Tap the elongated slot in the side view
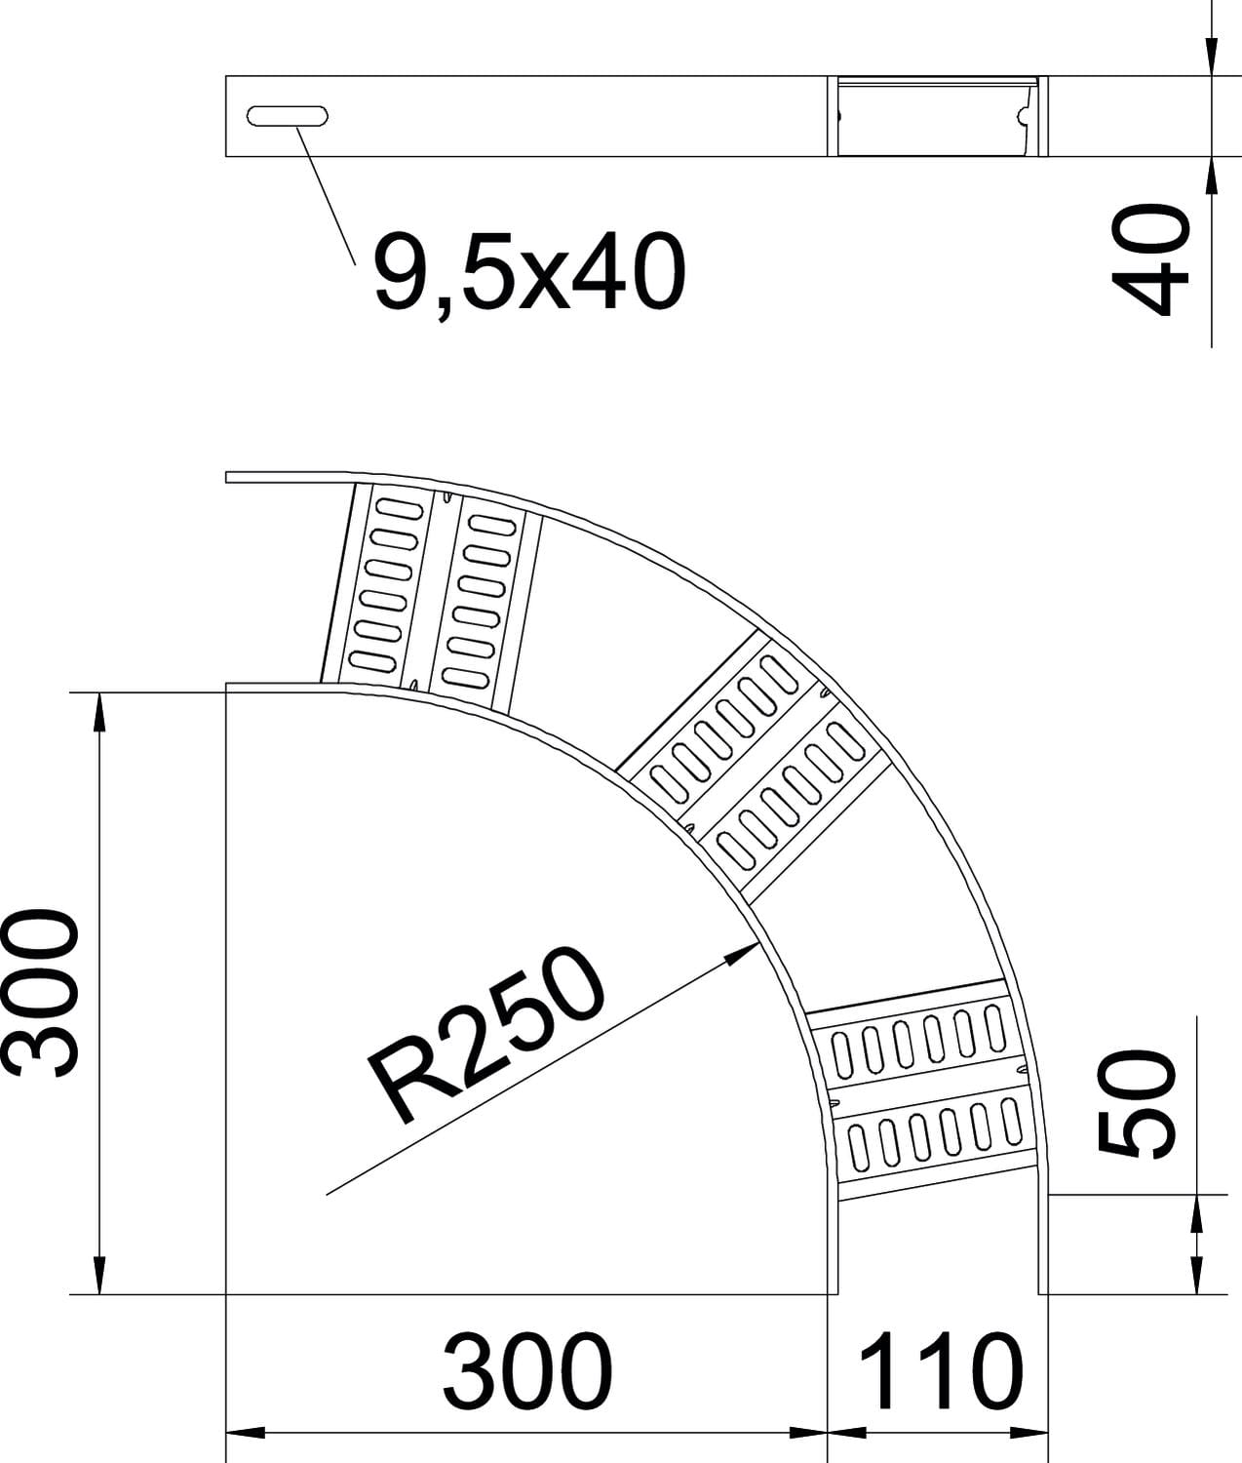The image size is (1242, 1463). pos(288,116)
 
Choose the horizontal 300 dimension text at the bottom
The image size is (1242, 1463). pos(527,1372)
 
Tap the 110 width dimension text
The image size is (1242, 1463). pos(942,1372)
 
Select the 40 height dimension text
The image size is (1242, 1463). pos(1149,259)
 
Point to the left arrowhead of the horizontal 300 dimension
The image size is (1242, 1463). pos(246,1433)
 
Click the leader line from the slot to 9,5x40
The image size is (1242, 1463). pos(326,195)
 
